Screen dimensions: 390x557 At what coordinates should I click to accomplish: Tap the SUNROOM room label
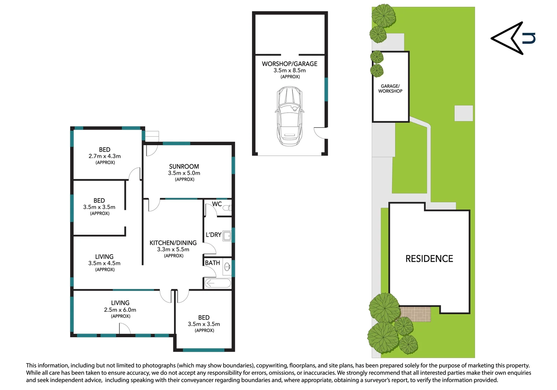pyautogui.click(x=184, y=166)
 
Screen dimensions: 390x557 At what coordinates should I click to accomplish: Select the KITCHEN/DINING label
pyautogui.click(x=173, y=243)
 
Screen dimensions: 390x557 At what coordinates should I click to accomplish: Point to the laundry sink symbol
pyautogui.click(x=227, y=236)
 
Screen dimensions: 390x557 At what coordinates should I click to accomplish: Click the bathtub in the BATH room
pyautogui.click(x=218, y=283)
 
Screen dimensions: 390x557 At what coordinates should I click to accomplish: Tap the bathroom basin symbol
pyautogui.click(x=227, y=267)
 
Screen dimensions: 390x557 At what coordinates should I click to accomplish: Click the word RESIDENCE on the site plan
pyautogui.click(x=429, y=259)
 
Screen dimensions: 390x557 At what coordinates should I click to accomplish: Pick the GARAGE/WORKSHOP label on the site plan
pyautogui.click(x=390, y=88)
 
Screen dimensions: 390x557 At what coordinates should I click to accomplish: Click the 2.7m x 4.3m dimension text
pyautogui.click(x=105, y=156)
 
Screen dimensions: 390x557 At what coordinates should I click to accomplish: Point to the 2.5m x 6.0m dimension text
pyautogui.click(x=120, y=310)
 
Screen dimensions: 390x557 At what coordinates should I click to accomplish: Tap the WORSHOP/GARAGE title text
pyautogui.click(x=290, y=64)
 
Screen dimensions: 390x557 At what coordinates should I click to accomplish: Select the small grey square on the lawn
pyautogui.click(x=464, y=113)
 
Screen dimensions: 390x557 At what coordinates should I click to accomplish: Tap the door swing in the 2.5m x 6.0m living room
pyautogui.click(x=125, y=328)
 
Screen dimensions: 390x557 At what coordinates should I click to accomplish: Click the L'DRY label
pyautogui.click(x=213, y=235)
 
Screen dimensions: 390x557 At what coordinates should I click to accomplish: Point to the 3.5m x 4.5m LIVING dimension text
pyautogui.click(x=104, y=263)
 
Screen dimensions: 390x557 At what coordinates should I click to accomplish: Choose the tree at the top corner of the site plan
pyautogui.click(x=384, y=16)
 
